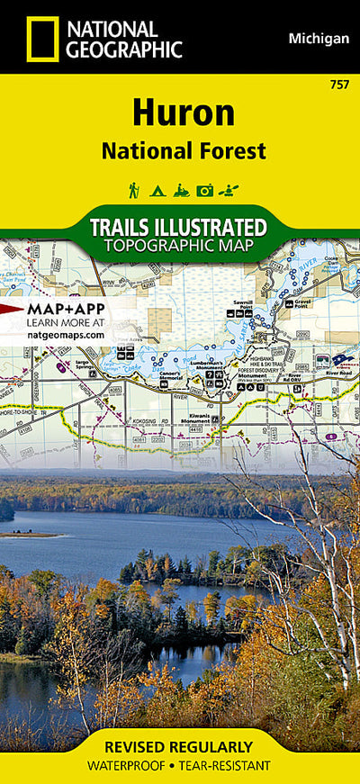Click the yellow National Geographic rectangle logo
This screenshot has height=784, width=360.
pos(42,39)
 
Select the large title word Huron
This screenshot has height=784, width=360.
pos(184,113)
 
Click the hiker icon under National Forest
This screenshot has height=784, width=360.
pos(133,190)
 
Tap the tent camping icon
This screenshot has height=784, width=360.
pos(157,190)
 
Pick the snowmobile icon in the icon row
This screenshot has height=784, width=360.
pos(181,190)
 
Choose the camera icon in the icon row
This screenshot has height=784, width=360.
pos(205,190)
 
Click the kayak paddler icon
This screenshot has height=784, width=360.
pos(229,190)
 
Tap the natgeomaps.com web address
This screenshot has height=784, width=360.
pos(65,335)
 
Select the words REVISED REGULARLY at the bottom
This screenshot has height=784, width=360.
pos(179,747)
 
